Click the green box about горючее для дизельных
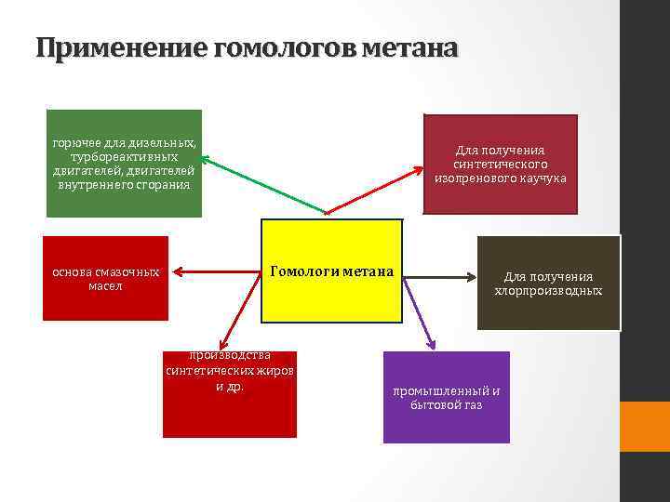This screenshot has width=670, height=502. [124, 164]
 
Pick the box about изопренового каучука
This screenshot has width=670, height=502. [500, 164]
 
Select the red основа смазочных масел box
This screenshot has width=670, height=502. [105, 279]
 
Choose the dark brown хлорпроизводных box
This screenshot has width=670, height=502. [548, 283]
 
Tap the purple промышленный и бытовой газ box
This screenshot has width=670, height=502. [446, 397]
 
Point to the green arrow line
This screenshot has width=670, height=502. [261, 186]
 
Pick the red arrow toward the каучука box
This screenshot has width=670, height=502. [372, 191]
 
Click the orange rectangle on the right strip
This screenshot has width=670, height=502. [645, 426]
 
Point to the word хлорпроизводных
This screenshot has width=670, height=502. [548, 291]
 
